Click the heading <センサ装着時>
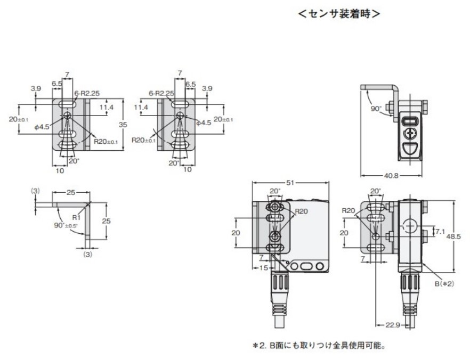tap(339, 14)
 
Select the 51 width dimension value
tap(290, 182)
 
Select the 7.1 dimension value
tap(440, 232)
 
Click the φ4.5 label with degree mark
tap(41, 127)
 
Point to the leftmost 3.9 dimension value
tap(36, 88)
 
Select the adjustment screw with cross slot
tap(411, 133)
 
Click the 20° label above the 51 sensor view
tap(274, 191)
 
